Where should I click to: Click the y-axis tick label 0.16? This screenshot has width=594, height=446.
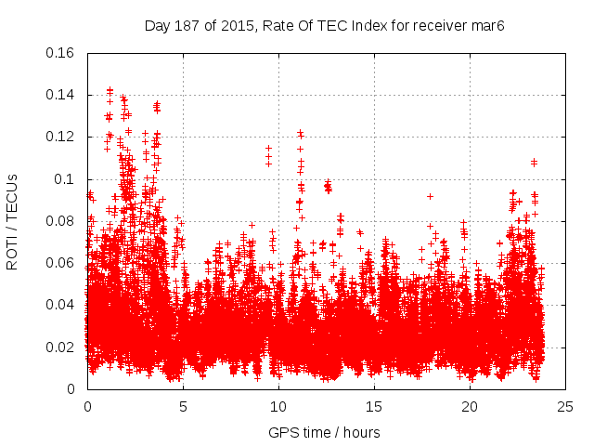61,53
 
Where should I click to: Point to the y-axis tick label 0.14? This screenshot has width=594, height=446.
61,95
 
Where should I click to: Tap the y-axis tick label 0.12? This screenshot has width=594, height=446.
61,137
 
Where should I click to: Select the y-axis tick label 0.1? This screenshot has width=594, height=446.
65,179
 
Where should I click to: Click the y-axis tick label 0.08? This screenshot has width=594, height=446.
61,221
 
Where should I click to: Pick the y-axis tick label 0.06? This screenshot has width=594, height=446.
61,263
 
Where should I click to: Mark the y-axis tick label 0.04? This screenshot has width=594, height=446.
61,305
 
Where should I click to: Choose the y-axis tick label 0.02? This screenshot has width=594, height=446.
61,348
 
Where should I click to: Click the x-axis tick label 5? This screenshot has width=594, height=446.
183,406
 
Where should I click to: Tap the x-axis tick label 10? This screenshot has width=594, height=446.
278,406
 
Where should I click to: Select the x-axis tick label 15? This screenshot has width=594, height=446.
374,406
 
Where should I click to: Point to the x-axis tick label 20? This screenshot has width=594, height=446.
470,406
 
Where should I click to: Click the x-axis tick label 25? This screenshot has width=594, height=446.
565,406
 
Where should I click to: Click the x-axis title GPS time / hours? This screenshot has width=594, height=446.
326,432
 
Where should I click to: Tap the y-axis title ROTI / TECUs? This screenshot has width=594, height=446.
12,221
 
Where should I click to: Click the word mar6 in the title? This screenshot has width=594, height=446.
487,24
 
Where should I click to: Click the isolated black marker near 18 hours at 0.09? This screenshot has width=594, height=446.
430,196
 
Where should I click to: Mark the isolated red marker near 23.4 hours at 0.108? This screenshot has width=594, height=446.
534,163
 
